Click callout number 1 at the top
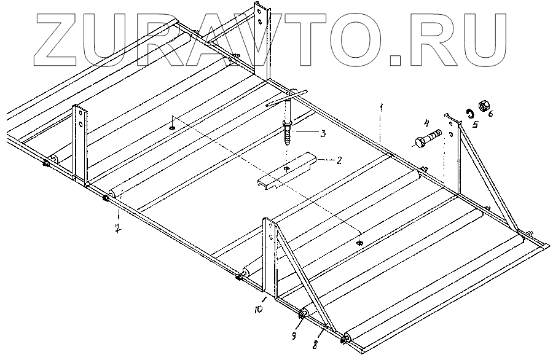pyautogui.click(x=382, y=108)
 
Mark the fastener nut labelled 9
pyautogui.click(x=303, y=316)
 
